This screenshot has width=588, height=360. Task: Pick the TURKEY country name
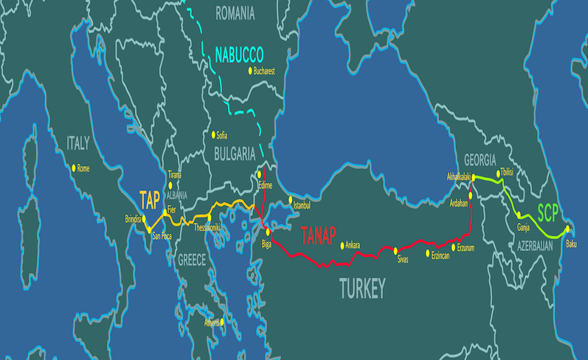362,288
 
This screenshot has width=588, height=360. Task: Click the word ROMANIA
234,13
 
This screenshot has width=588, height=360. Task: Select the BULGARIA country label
235,153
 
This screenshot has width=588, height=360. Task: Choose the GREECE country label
192,260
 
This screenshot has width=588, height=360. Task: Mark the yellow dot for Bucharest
250,72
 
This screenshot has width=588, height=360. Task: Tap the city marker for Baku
567,229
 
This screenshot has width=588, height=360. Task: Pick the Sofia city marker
212,134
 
